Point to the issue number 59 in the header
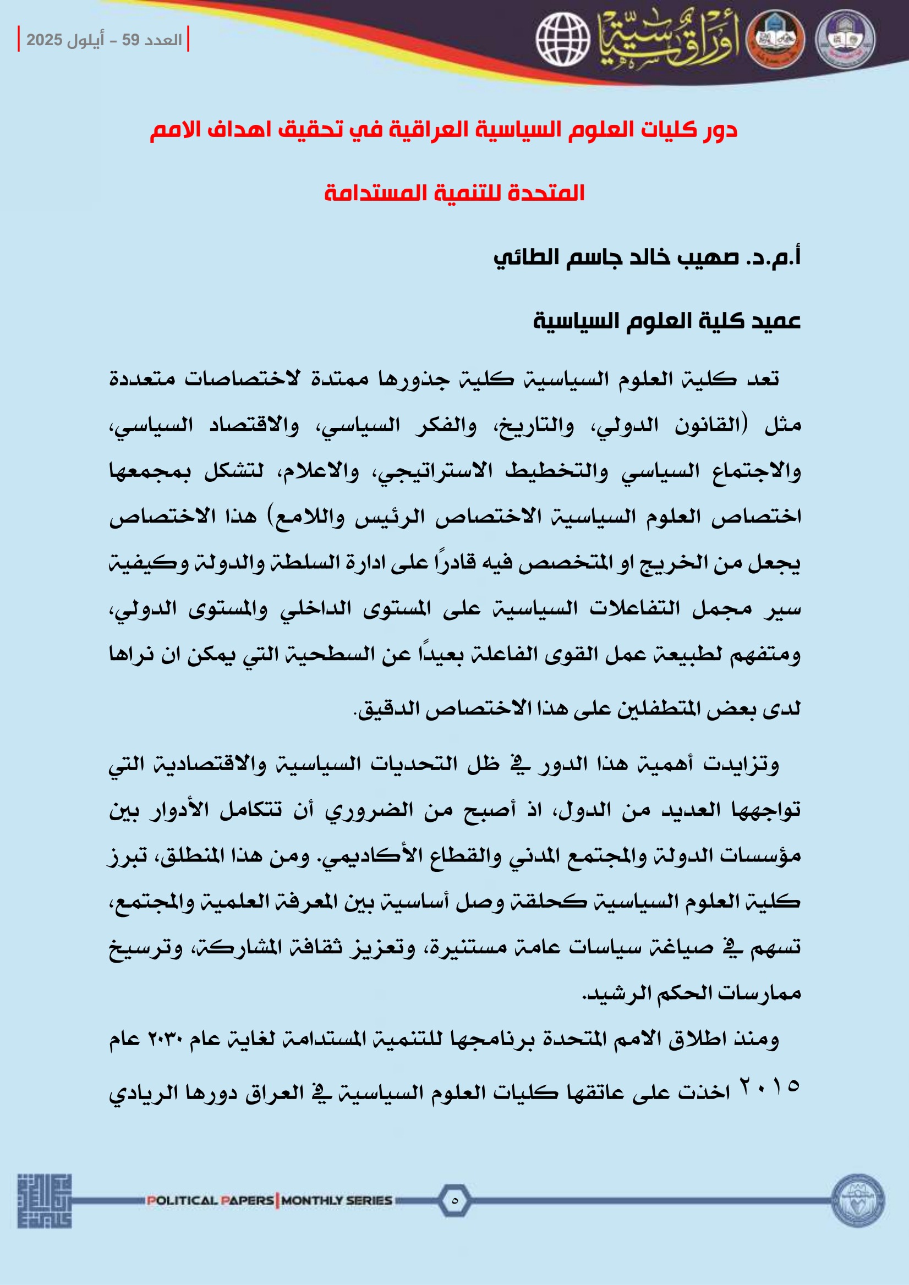(x=130, y=40)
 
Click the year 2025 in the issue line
(x=44, y=40)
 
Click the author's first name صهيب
(x=708, y=257)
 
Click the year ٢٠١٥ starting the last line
(x=770, y=1086)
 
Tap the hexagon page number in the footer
(x=454, y=1200)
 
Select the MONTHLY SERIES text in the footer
(x=337, y=1200)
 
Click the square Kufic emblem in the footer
(x=44, y=1201)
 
